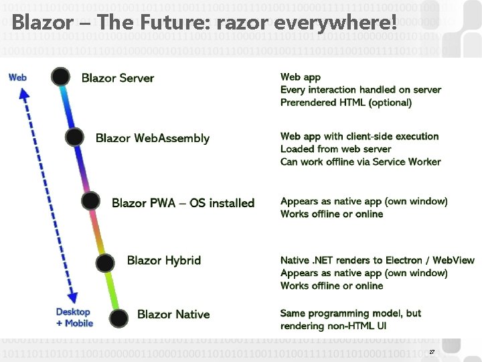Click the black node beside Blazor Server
61,77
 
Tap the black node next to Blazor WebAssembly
74,137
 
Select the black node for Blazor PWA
90,201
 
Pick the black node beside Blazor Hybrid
105,262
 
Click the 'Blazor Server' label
118,78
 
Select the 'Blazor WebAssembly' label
153,138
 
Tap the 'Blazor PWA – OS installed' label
183,202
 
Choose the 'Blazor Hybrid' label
164,260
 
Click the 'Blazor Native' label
173,314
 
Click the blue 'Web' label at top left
18,77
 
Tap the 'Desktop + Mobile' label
74,317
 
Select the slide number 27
432,352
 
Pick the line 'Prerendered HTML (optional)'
345,103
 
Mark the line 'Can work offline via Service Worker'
360,162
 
